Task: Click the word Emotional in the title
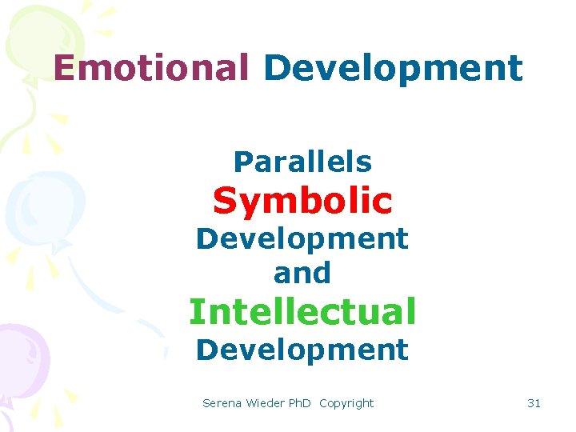(x=151, y=68)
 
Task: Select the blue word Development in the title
(x=393, y=70)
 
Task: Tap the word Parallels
(x=302, y=162)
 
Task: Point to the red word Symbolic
(x=302, y=202)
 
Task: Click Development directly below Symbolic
(x=302, y=238)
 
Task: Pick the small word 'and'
(x=302, y=274)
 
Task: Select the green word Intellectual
(x=302, y=311)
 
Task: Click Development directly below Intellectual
(x=302, y=350)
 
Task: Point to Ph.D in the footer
(x=300, y=403)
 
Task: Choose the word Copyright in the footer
(x=346, y=403)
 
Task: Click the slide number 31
(x=534, y=403)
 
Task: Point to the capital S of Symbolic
(x=224, y=202)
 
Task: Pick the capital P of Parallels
(x=241, y=162)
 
